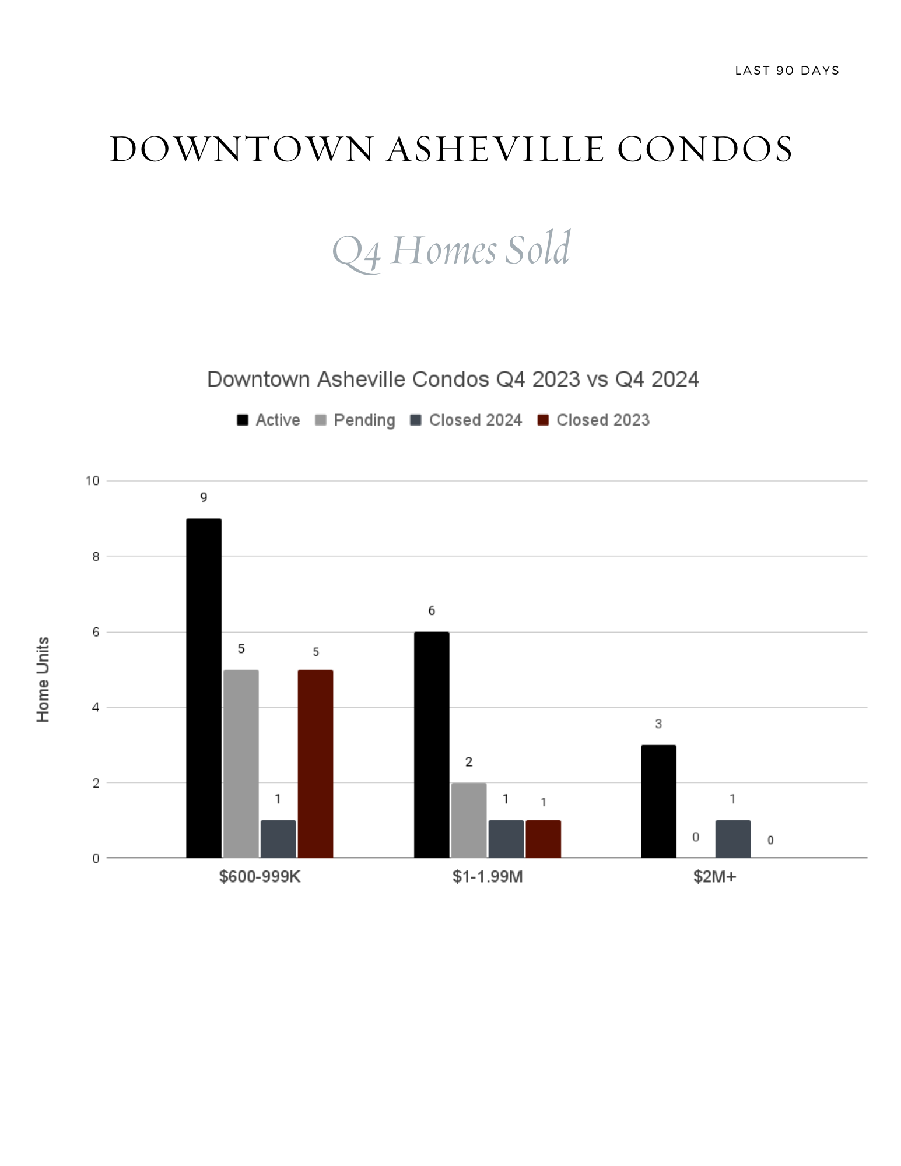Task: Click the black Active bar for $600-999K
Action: coord(204,688)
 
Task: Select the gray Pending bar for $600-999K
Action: coord(241,764)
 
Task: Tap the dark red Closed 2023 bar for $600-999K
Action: coord(315,764)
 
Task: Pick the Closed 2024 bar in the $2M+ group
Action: coord(733,839)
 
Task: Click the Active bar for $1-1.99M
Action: coord(432,744)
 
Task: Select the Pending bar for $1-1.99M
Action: coord(469,820)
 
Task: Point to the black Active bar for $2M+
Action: coord(658,801)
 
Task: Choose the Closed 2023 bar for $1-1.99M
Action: coord(544,839)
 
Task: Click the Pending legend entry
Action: coord(355,420)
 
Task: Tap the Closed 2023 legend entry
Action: coord(593,420)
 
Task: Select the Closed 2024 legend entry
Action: coord(466,420)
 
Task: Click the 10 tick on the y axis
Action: coord(93,481)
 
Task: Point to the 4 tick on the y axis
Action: coord(96,707)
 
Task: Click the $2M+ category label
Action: coord(715,877)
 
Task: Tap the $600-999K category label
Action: coord(260,877)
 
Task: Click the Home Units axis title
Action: coord(43,680)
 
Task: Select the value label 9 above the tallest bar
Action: coord(204,497)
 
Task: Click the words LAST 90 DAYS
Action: coord(787,71)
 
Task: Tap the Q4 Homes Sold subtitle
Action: coord(451,250)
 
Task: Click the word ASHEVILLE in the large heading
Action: coord(496,149)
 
